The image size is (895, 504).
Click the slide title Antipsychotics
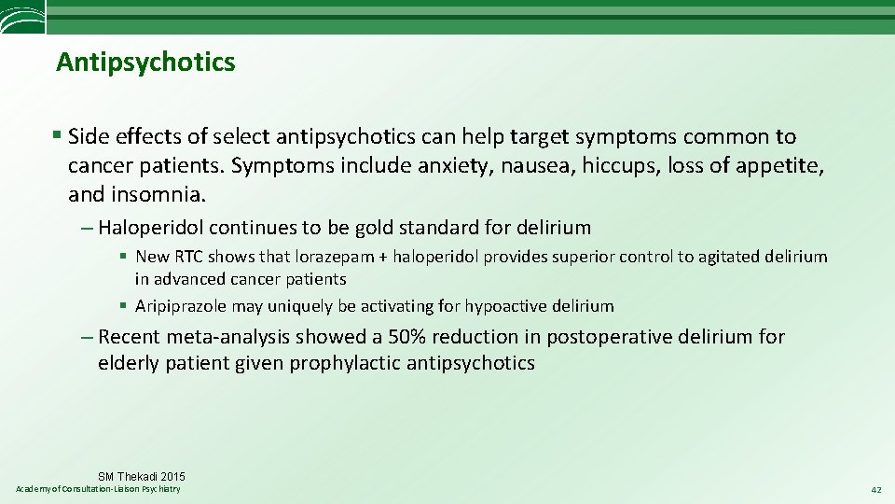tap(145, 63)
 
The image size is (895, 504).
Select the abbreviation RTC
tap(188, 257)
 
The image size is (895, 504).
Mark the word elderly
tap(129, 363)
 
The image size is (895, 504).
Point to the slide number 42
tap(874, 490)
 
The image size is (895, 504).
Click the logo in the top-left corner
tap(22, 16)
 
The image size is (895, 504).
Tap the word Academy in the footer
tap(34, 489)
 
